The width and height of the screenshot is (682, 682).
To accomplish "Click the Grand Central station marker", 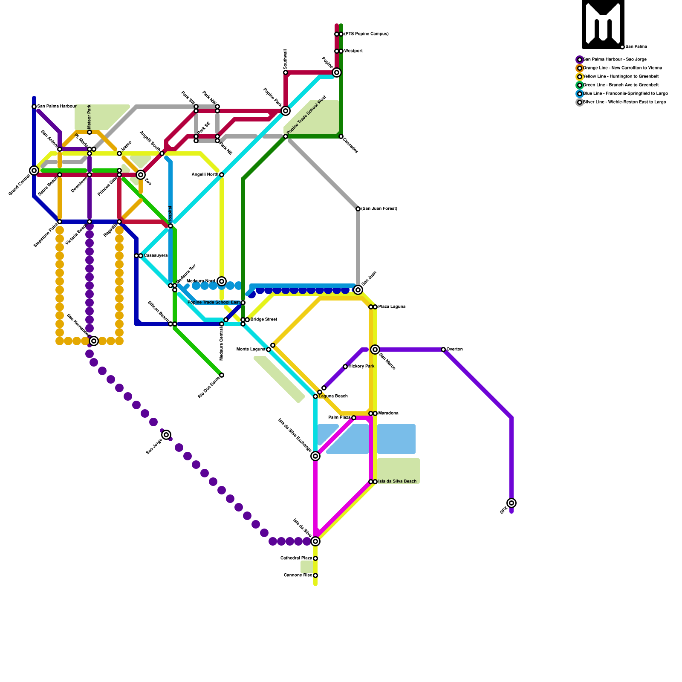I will [34, 170].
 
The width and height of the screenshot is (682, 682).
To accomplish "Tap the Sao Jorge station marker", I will [166, 435].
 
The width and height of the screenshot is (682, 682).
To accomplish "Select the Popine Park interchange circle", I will [286, 111].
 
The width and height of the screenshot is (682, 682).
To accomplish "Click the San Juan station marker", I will [358, 290].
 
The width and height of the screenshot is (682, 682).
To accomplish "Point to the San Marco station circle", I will [375, 350].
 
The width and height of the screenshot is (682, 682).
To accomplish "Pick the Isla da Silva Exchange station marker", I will [315, 456].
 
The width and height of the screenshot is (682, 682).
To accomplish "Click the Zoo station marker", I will [141, 175].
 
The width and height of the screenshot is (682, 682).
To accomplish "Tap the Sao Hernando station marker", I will [94, 341].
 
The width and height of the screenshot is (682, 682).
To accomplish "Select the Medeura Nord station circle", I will [222, 281].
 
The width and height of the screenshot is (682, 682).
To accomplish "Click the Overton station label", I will [454, 350].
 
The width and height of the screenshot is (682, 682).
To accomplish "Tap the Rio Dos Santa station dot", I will [222, 375].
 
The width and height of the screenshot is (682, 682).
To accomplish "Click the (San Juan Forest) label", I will [379, 209].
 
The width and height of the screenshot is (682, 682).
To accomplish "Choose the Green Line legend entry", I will [620, 85].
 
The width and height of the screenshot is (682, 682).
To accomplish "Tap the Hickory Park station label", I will [361, 367].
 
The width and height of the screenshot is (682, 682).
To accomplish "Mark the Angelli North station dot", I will [222, 175].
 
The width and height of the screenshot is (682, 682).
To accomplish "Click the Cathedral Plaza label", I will [296, 558].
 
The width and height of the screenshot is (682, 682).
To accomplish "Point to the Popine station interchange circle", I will [337, 72].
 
